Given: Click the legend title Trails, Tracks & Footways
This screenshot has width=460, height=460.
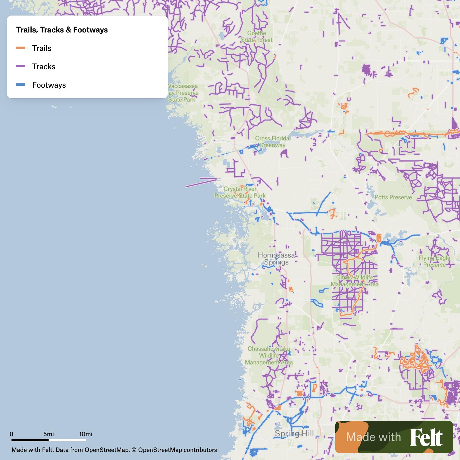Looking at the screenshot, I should tap(62, 30).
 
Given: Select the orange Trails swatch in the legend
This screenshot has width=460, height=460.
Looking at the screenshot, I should tap(21, 48).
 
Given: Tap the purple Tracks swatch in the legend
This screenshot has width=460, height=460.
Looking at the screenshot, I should tap(21, 66).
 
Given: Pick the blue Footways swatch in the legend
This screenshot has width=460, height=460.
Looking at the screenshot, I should tap(21, 85).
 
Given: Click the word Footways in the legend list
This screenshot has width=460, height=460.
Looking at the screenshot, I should tap(49, 85).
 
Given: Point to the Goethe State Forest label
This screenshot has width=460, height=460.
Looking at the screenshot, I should tap(256, 37).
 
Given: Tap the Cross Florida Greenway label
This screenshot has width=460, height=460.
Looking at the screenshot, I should tap(272, 142).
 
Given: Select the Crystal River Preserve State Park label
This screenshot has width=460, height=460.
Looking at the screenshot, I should tap(240, 192).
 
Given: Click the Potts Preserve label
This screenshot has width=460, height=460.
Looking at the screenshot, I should tap(393, 197).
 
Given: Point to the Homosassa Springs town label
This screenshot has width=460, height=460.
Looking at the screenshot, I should tap(276, 258).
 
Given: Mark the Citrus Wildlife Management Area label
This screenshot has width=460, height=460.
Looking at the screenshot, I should tap(354, 281).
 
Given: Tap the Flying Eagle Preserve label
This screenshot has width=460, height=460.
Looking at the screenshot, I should tap(434, 261).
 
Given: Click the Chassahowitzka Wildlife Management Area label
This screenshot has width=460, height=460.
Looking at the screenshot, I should tap(269, 356).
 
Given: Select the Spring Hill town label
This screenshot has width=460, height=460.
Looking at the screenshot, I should tap(294, 434).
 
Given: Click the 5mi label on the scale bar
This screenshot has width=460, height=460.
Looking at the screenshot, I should tap(49, 434).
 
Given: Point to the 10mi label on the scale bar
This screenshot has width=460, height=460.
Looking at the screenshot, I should tap(86, 434).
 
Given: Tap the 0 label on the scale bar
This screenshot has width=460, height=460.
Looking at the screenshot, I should tap(11, 434).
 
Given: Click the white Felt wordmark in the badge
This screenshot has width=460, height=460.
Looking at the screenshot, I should tap(426, 437).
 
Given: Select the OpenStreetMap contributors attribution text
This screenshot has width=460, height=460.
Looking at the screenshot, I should tap(177, 450).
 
